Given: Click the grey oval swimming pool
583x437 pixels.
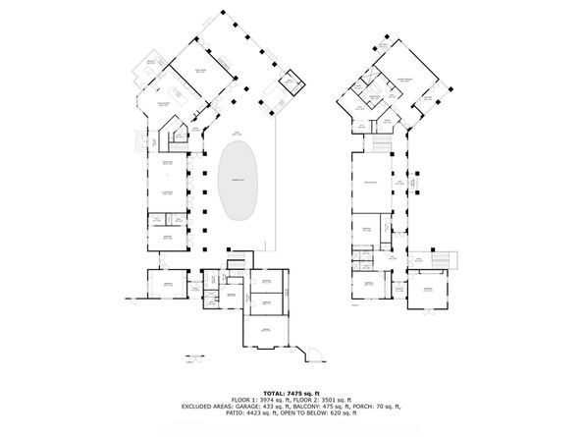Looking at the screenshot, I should (x=238, y=182).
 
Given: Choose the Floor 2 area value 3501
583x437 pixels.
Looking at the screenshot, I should (x=326, y=401).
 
